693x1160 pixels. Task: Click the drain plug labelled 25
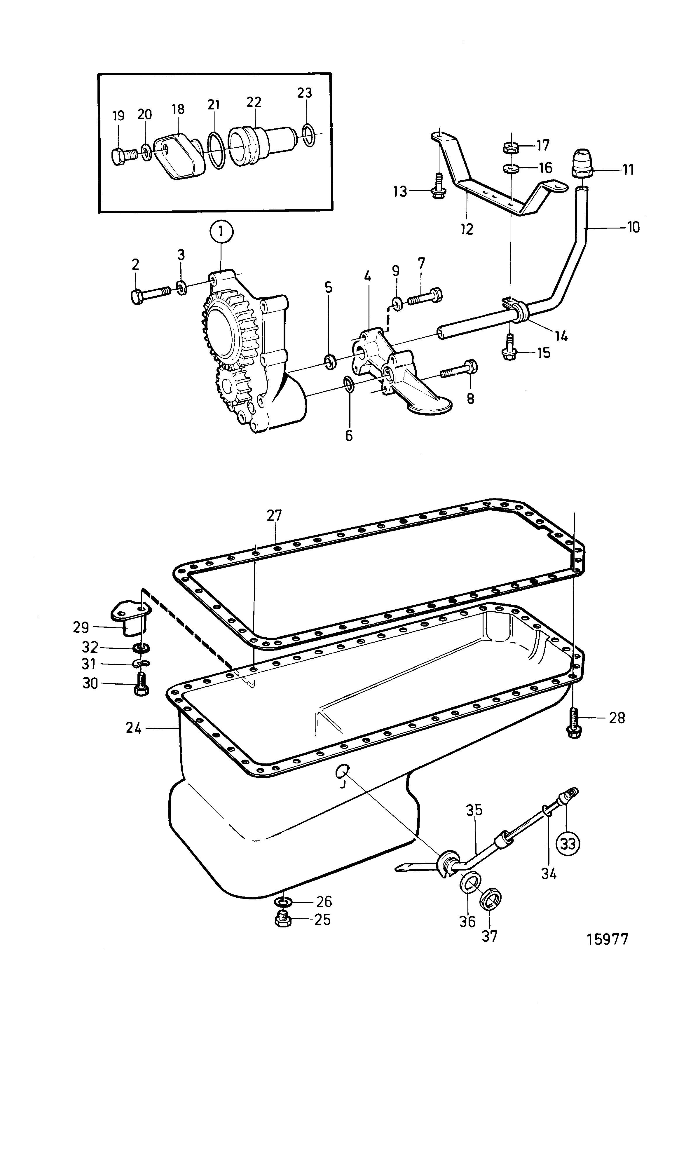(282, 919)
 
